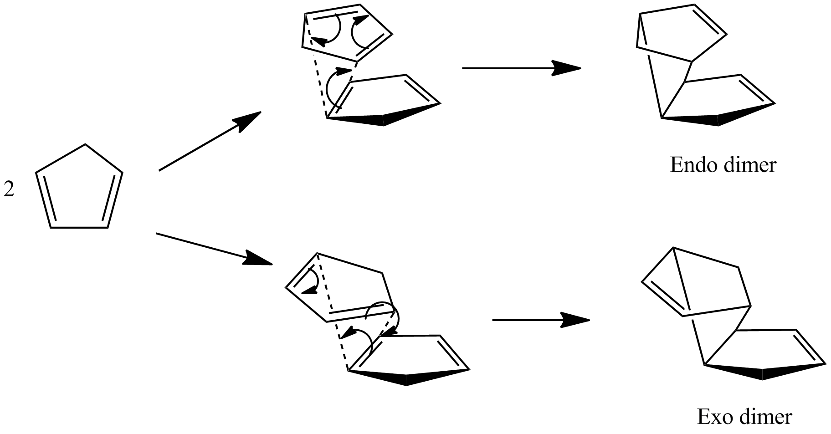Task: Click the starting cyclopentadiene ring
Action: point(79,186)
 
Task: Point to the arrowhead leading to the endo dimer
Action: point(566,68)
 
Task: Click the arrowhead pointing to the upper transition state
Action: point(248,120)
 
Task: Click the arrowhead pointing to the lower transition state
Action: point(258,258)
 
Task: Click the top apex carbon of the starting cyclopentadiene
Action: point(86,144)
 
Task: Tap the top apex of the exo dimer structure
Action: point(673,248)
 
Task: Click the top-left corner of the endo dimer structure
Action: point(640,14)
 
